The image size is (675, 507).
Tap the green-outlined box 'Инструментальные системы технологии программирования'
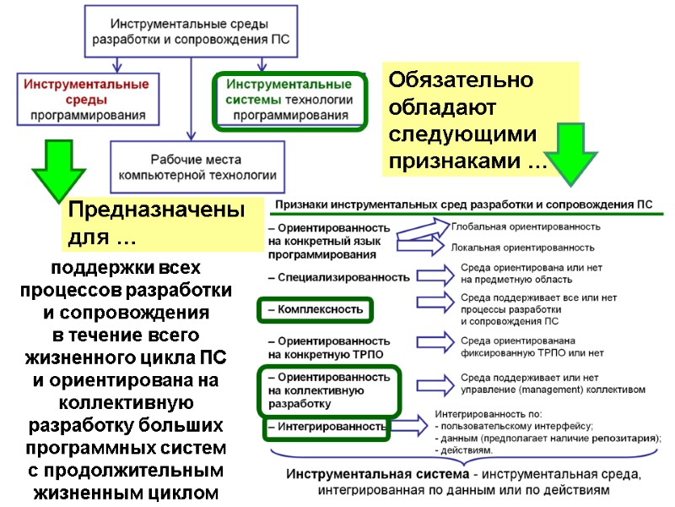[x=289, y=100]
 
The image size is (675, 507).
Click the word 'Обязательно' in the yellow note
[x=460, y=81]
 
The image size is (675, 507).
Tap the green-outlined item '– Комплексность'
[x=315, y=309]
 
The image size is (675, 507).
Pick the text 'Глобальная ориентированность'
[x=526, y=226]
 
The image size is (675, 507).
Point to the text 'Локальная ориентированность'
[x=523, y=248]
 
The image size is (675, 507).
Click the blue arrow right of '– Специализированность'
[x=433, y=276]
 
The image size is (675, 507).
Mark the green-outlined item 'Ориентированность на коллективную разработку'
[x=327, y=390]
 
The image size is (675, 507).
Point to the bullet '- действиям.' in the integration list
[x=465, y=451]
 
